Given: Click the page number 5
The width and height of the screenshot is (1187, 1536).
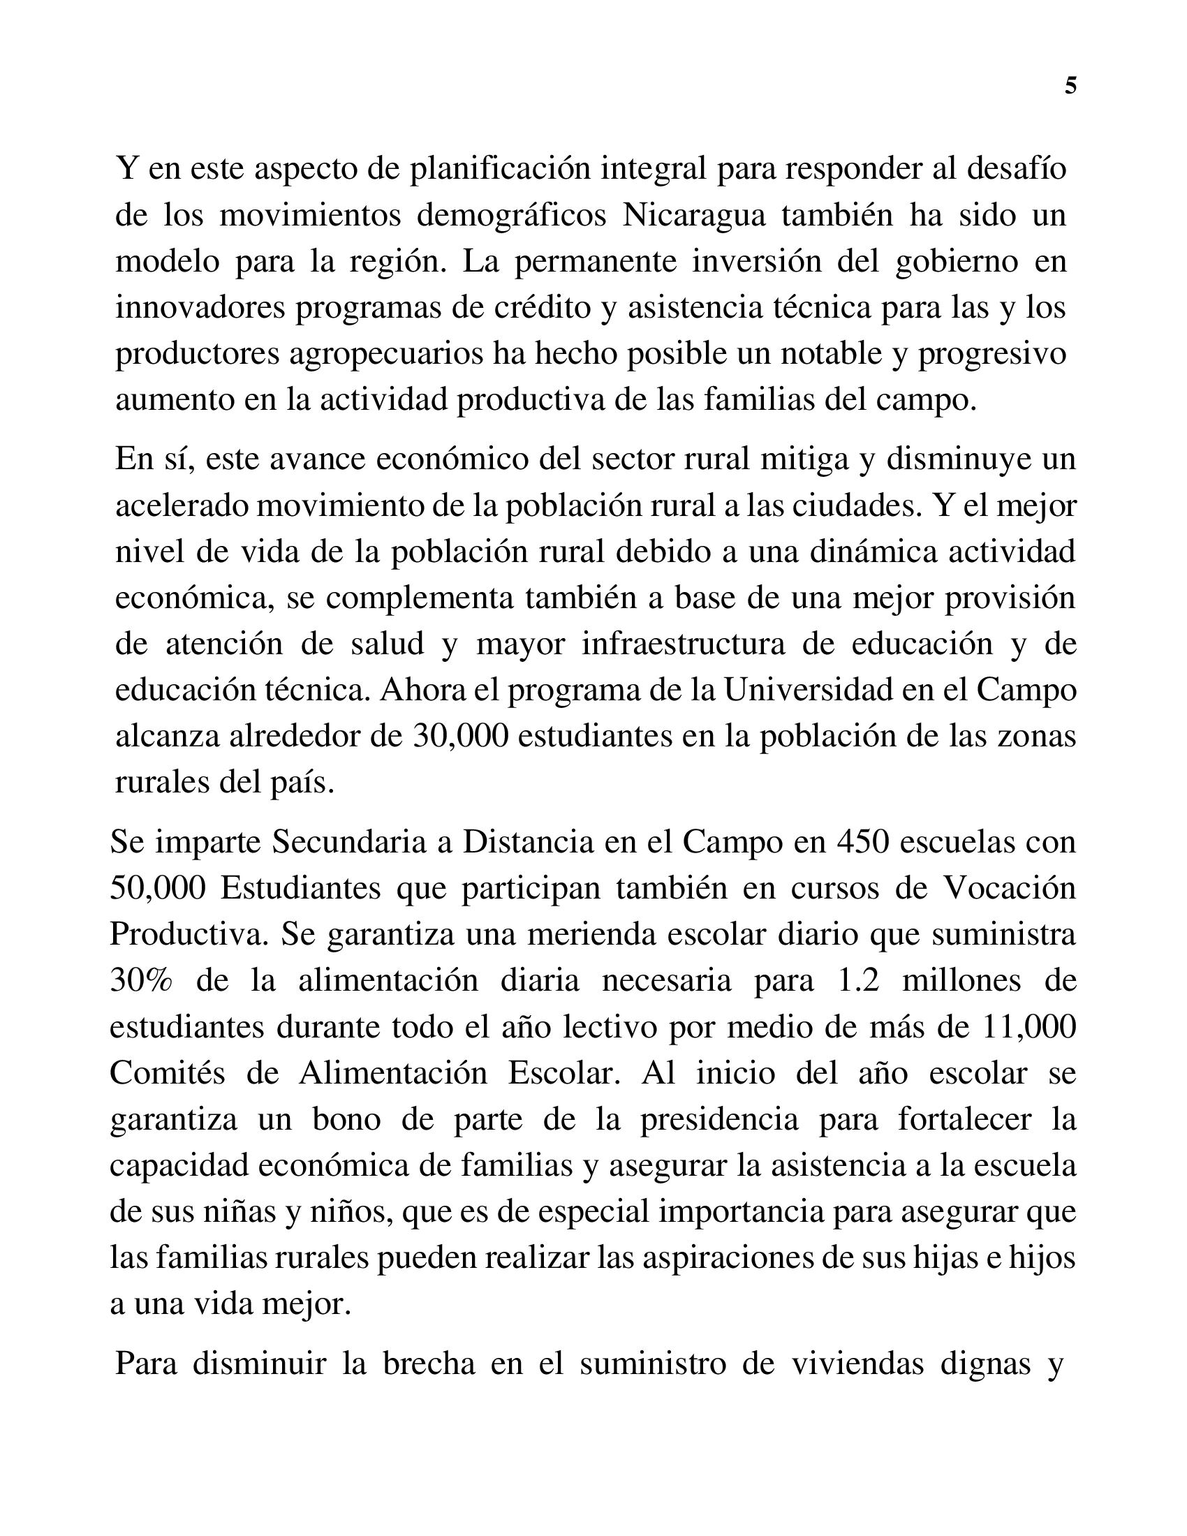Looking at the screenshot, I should click(x=1070, y=86).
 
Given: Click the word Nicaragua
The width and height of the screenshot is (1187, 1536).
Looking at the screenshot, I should click(x=693, y=215).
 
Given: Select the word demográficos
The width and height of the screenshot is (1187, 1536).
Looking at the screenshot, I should click(x=511, y=215).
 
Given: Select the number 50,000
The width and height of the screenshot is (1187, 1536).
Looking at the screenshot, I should click(x=158, y=888).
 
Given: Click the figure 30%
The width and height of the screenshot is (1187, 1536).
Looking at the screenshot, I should click(x=140, y=980).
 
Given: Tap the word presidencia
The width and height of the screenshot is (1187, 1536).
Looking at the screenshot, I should click(x=718, y=1120).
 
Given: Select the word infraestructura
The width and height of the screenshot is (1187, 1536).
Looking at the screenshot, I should click(x=683, y=644).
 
